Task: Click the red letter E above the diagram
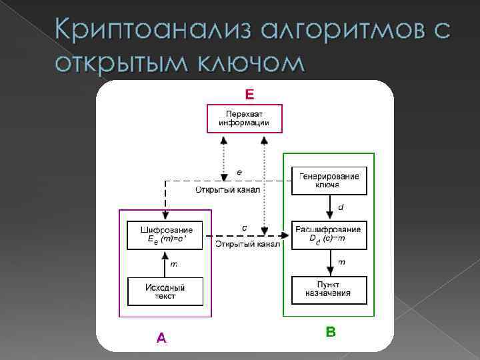pyautogui.click(x=249, y=95)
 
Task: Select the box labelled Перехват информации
pyautogui.click(x=244, y=119)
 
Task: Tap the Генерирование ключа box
pyautogui.click(x=329, y=180)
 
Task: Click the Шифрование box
pyautogui.click(x=165, y=235)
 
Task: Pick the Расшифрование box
pyautogui.click(x=329, y=235)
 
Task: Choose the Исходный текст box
pyautogui.click(x=165, y=291)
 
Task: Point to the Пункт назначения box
pyautogui.click(x=329, y=289)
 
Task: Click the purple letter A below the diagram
pyautogui.click(x=161, y=338)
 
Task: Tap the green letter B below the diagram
pyautogui.click(x=331, y=331)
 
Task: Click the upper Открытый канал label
pyautogui.click(x=227, y=190)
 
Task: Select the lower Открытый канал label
pyautogui.click(x=247, y=245)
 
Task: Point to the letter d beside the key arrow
pyautogui.click(x=341, y=207)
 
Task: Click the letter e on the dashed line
pyautogui.click(x=239, y=172)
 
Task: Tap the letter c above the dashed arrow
pyautogui.click(x=244, y=227)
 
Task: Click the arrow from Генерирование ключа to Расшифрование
pyautogui.click(x=329, y=208)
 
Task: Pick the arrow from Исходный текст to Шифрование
pyautogui.click(x=165, y=263)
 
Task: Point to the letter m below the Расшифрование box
pyautogui.click(x=342, y=262)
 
